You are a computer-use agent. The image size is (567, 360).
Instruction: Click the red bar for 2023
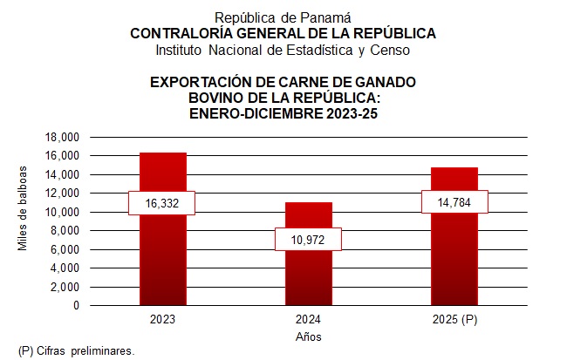(162, 253)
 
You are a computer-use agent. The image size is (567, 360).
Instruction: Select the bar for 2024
(309, 270)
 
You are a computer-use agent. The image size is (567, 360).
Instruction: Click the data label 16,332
(161, 203)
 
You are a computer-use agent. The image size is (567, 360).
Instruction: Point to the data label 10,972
(308, 239)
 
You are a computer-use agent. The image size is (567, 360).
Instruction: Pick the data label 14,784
(454, 201)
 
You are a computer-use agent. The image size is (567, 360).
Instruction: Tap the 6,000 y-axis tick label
(65, 250)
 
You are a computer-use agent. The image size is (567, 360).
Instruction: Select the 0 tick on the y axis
(76, 306)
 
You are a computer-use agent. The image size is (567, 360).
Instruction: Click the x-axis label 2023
(162, 320)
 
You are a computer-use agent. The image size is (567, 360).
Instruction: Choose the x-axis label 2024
(309, 320)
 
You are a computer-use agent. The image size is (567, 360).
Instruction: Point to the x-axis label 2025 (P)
(454, 320)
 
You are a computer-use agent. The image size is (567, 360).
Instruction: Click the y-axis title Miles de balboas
(24, 207)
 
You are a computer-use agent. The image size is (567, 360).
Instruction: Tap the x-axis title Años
(309, 336)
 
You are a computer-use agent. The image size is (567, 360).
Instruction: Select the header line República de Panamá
(283, 17)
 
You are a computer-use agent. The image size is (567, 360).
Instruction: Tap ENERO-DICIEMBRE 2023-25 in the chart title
(283, 113)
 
